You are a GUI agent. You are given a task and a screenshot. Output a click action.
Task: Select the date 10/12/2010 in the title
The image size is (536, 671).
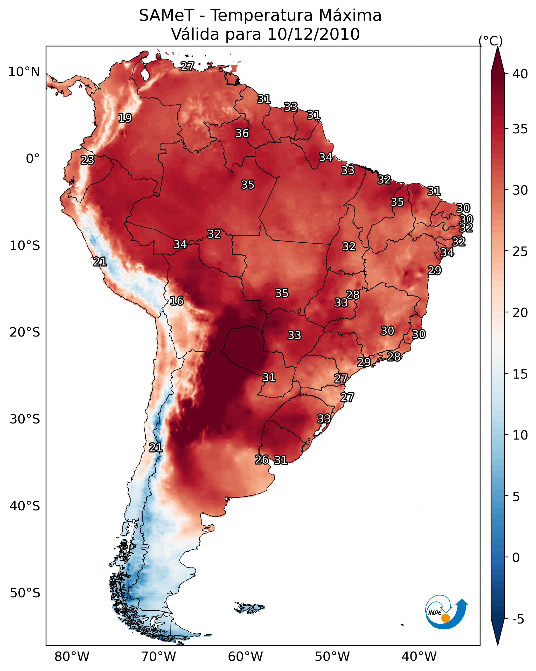[313, 34]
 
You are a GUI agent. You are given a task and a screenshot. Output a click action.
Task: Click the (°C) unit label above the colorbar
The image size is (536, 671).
[490, 41]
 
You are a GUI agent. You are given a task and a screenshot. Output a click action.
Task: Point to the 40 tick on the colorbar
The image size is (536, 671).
[520, 74]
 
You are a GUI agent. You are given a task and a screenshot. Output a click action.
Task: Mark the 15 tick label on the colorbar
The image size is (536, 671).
[520, 374]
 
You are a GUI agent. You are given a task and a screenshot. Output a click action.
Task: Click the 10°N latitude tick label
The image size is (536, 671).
[24, 72]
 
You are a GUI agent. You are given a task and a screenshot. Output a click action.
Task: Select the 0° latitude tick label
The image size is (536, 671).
[33, 159]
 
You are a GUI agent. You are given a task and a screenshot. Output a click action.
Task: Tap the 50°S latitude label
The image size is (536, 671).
[25, 593]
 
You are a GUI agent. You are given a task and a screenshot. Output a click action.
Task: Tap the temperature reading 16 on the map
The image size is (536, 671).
[177, 301]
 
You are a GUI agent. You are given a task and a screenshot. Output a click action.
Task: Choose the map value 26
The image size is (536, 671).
[262, 460]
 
